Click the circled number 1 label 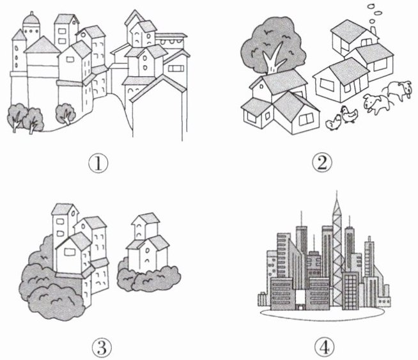click(x=98, y=163)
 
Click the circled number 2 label click(x=322, y=162)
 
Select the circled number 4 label click(x=324, y=347)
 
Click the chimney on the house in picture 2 click(x=373, y=30)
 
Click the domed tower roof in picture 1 click(x=31, y=19)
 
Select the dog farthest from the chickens click(x=399, y=90)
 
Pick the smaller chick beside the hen click(x=333, y=123)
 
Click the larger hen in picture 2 click(x=349, y=114)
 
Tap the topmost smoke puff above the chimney click(x=371, y=6)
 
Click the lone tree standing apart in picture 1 click(x=65, y=114)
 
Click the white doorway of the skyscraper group click(x=300, y=300)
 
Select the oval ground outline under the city click(x=323, y=319)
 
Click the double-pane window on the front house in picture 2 click(x=306, y=119)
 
